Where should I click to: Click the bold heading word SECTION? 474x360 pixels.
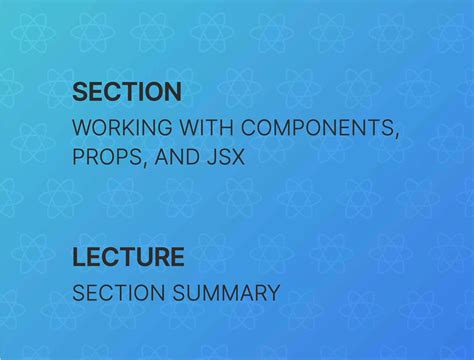click(x=127, y=93)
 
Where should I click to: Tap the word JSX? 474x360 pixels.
click(x=232, y=157)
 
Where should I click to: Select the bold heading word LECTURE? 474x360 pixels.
click(x=128, y=257)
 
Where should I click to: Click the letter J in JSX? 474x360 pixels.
click(x=218, y=157)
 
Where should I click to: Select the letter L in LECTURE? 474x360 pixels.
click(x=78, y=257)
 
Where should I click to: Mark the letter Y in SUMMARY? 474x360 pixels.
click(x=272, y=293)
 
